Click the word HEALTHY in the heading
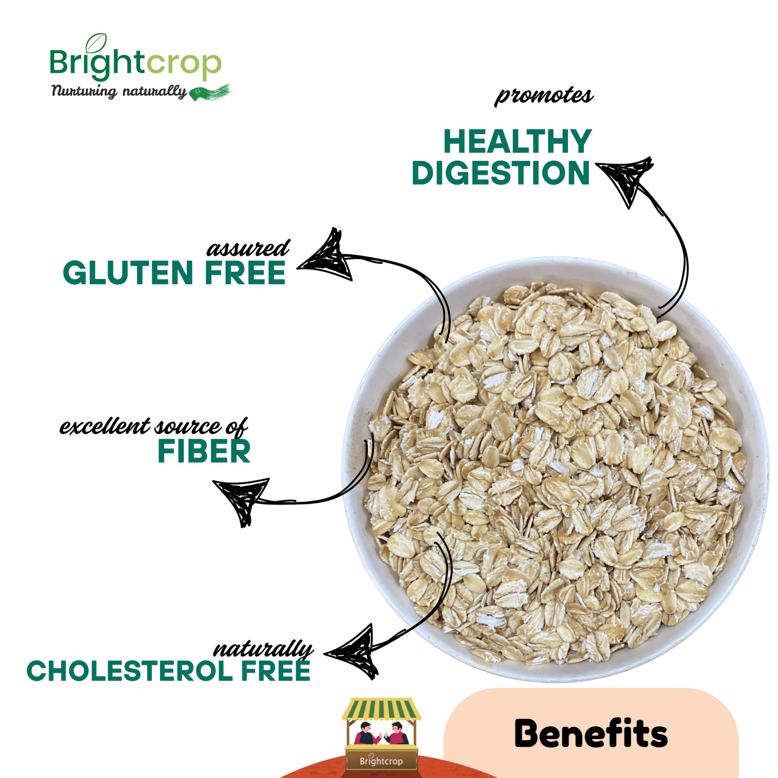tap(517, 142)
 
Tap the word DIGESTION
tap(501, 173)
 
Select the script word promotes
tap(544, 96)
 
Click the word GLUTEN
tap(128, 273)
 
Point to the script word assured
tap(248, 248)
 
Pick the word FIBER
tap(204, 451)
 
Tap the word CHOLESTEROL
tap(130, 671)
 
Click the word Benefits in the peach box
tap(591, 733)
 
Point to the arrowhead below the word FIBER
tap(242, 497)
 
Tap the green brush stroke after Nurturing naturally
tap(211, 92)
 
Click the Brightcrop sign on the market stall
tap(381, 761)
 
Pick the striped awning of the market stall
tap(382, 709)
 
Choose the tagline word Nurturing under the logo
tap(83, 92)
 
